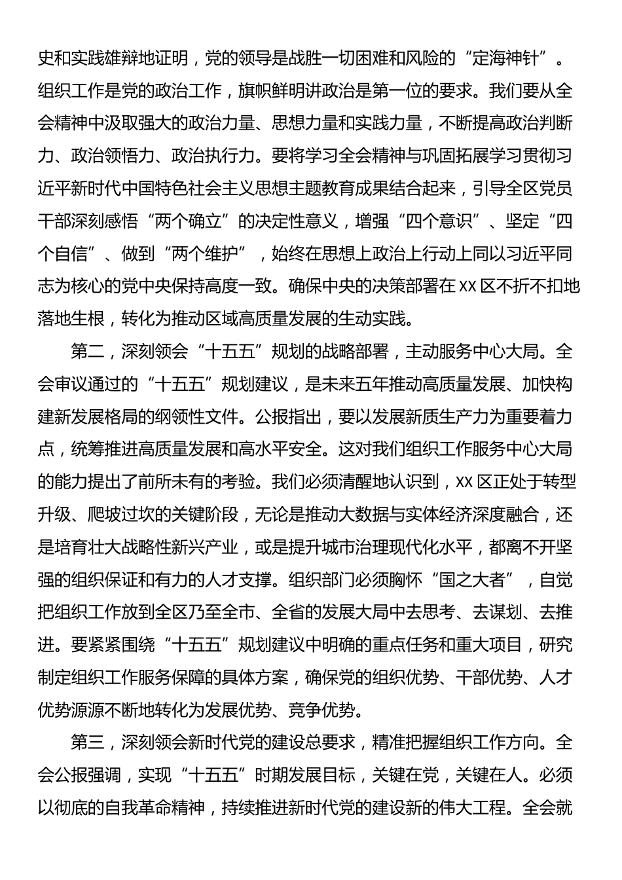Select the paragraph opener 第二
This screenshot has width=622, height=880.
88,352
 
